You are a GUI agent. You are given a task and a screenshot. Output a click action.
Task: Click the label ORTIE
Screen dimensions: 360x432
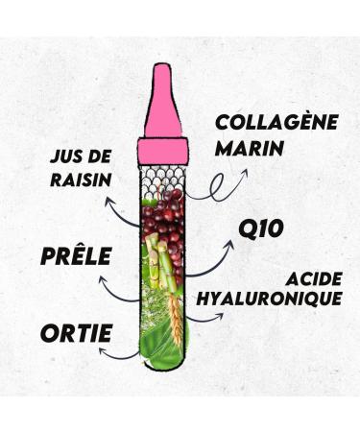click(76, 335)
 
